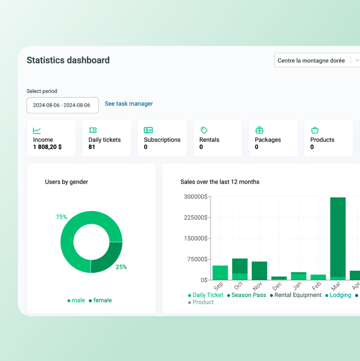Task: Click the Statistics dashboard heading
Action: point(68,60)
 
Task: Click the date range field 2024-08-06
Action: point(62,105)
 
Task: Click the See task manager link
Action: point(129,104)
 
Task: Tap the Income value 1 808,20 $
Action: point(48,147)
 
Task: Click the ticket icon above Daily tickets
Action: point(92,130)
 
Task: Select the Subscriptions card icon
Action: point(148,130)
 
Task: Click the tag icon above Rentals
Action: point(204,130)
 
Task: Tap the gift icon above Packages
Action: point(259,130)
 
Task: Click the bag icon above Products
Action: point(315,130)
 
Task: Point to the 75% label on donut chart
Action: point(62,217)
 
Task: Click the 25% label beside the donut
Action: point(121,267)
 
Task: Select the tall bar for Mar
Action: point(338,237)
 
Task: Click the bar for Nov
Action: point(259,271)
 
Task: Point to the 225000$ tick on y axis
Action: point(196,217)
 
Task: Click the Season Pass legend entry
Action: point(247,295)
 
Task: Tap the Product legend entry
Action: point(201,302)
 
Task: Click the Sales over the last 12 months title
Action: point(220,182)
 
